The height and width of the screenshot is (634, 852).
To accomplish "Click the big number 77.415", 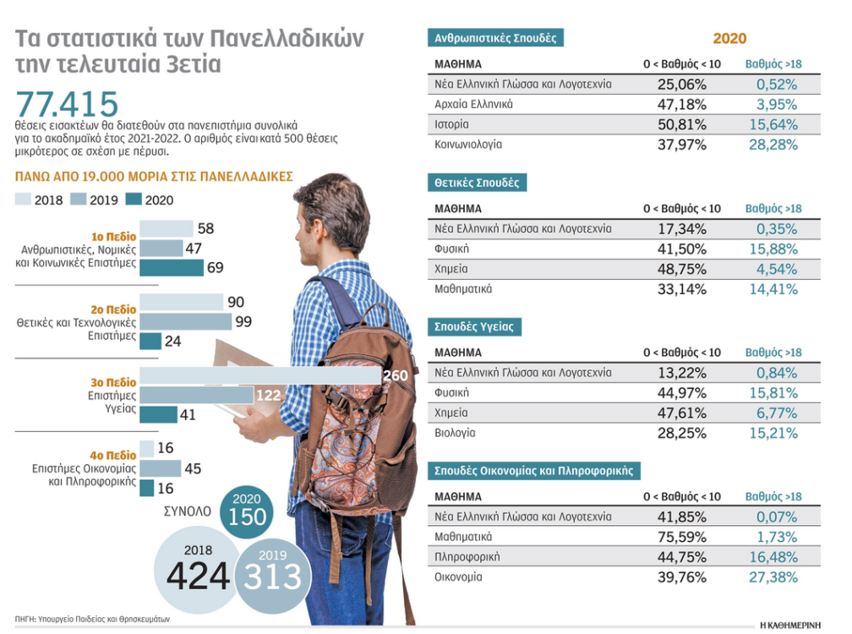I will pos(67,104).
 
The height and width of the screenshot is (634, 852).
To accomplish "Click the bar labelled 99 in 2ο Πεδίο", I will pos(185,321).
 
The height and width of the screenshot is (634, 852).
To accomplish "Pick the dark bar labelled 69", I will pos(172,267).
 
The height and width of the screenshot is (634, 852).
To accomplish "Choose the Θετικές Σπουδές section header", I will pos(478,183).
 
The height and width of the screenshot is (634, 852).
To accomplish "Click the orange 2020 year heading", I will pos(729,39).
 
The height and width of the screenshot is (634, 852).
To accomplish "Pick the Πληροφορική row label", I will pos(467,557).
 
